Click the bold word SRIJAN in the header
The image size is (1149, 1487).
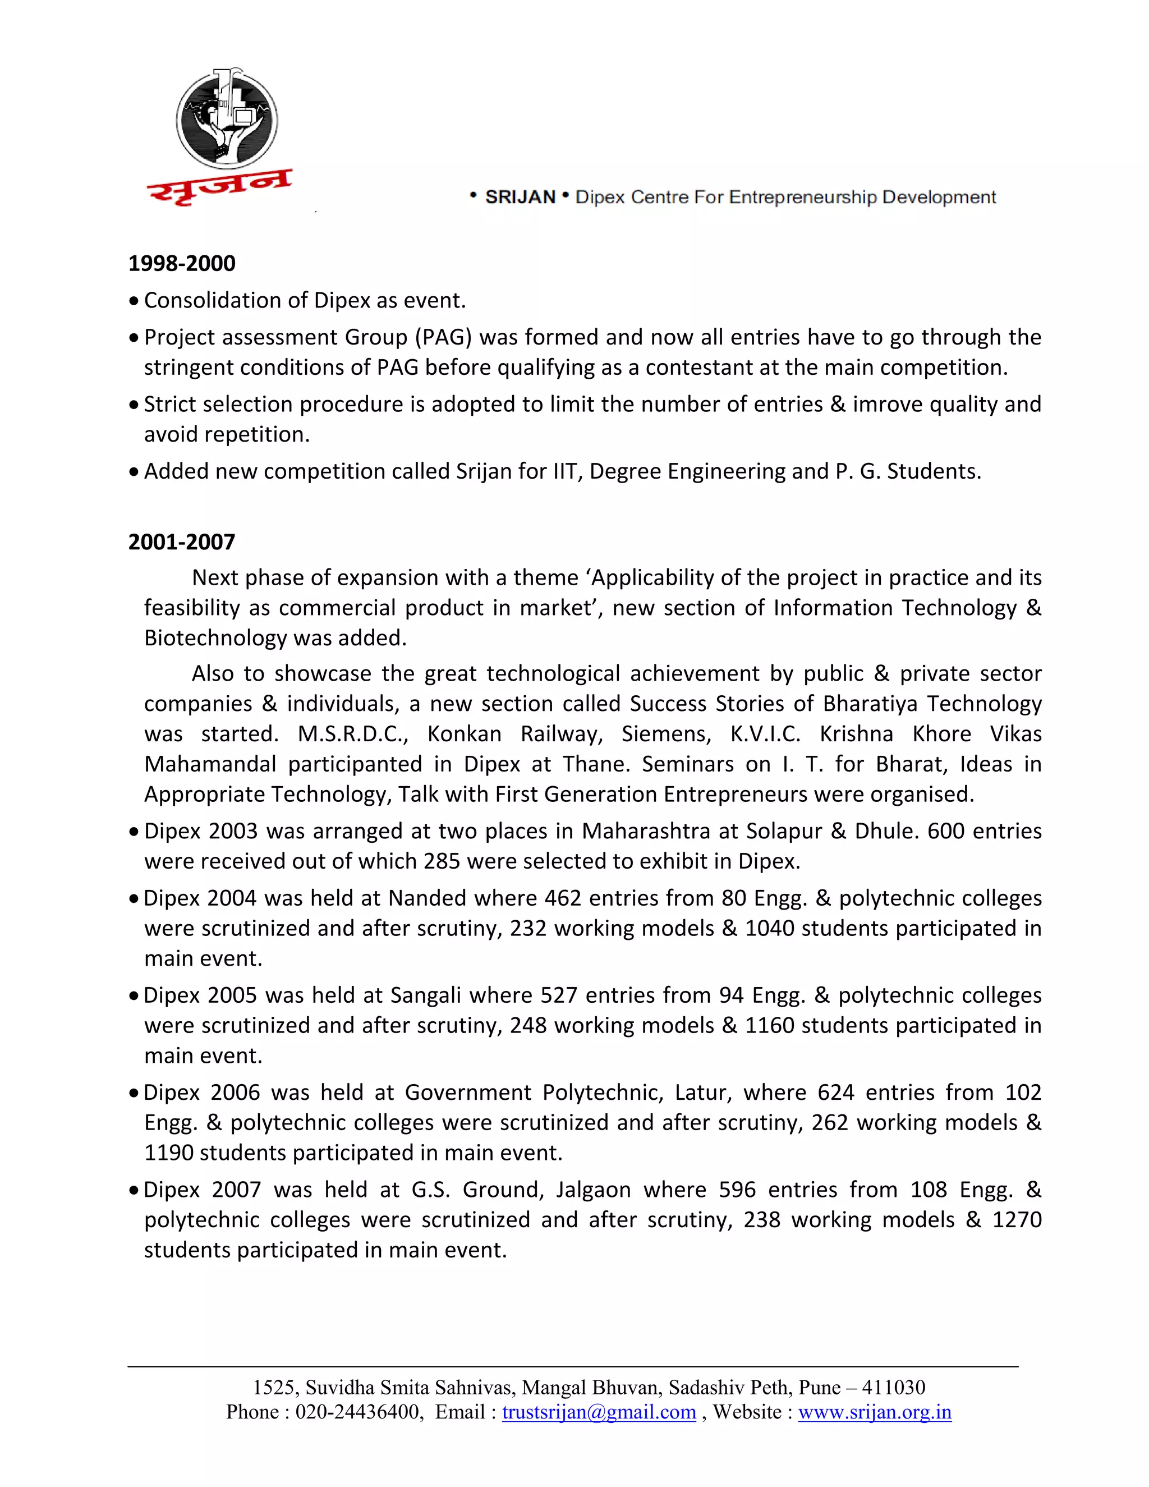pyautogui.click(x=520, y=198)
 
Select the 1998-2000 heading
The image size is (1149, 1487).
pyautogui.click(x=182, y=264)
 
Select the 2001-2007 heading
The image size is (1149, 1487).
pyautogui.click(x=182, y=542)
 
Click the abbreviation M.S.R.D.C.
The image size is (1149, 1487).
pyautogui.click(x=352, y=734)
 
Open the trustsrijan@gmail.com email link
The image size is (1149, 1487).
pyautogui.click(x=599, y=1412)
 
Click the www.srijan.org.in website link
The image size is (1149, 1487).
pyautogui.click(x=874, y=1412)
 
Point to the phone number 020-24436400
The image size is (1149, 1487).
pyautogui.click(x=357, y=1412)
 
